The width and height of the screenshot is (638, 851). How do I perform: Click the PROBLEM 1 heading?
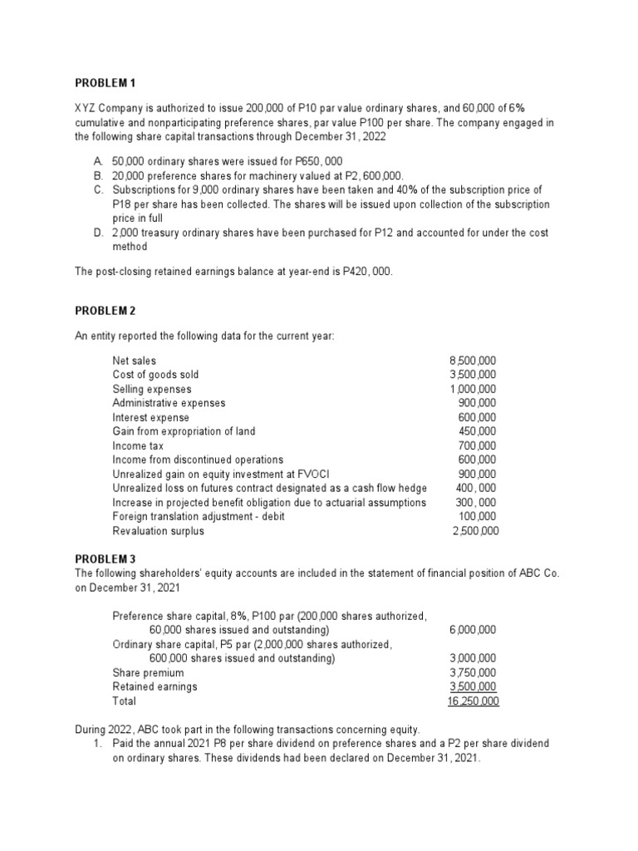(105, 84)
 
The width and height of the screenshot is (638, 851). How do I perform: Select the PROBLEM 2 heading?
(105, 310)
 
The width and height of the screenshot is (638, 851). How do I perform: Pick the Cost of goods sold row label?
(155, 375)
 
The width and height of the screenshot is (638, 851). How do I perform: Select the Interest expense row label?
(150, 417)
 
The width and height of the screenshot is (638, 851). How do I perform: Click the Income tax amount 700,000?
(478, 445)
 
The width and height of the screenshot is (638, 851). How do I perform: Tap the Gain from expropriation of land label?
(184, 431)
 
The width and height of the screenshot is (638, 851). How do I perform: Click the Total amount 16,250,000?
(474, 701)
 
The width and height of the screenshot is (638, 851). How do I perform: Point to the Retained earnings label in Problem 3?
(155, 686)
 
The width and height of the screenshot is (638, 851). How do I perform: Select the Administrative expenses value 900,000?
(478, 403)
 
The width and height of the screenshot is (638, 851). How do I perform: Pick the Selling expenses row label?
(151, 389)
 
